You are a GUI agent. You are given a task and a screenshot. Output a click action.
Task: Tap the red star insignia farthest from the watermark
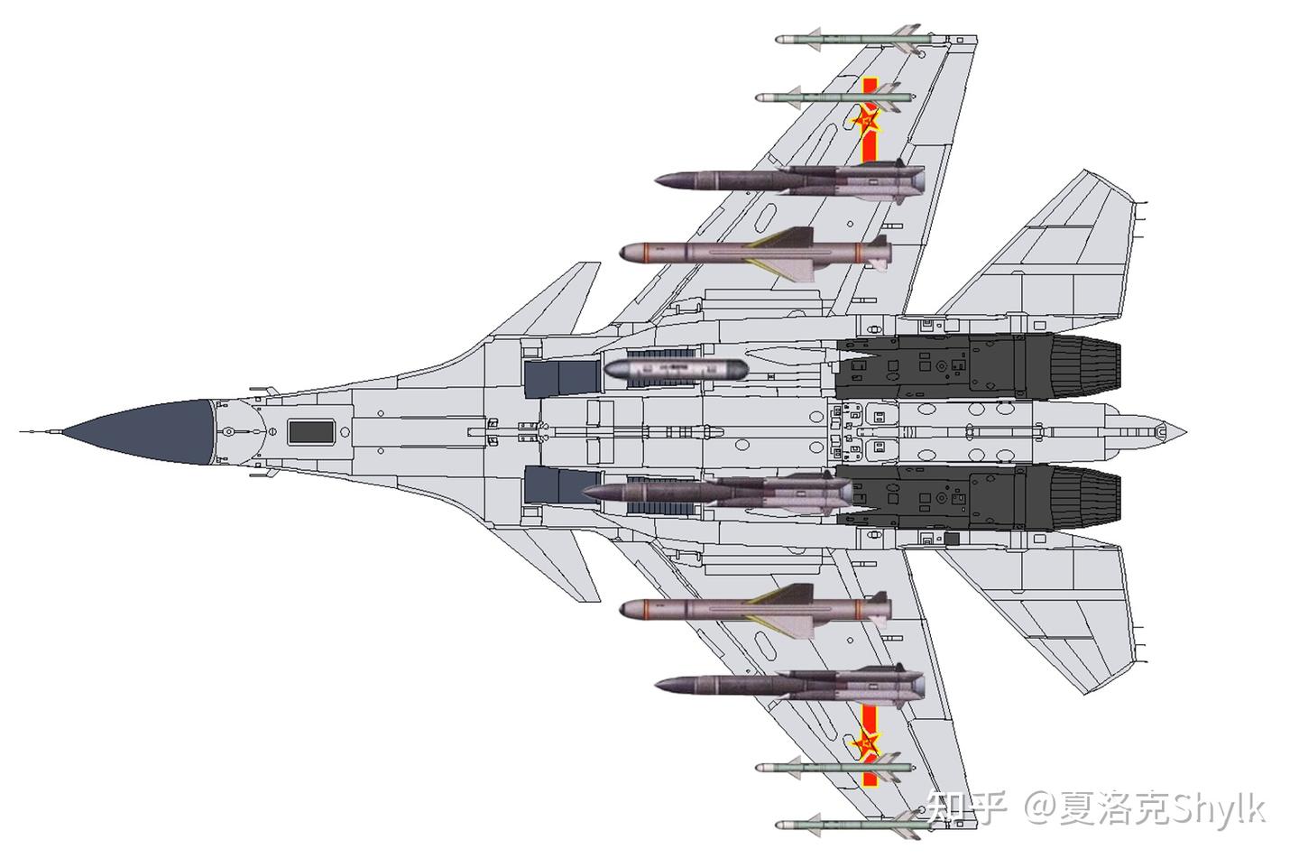click(x=867, y=118)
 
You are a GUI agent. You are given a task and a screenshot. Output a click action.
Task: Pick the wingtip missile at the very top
click(x=848, y=41)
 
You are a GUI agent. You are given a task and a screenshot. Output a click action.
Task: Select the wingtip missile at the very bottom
click(x=848, y=824)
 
